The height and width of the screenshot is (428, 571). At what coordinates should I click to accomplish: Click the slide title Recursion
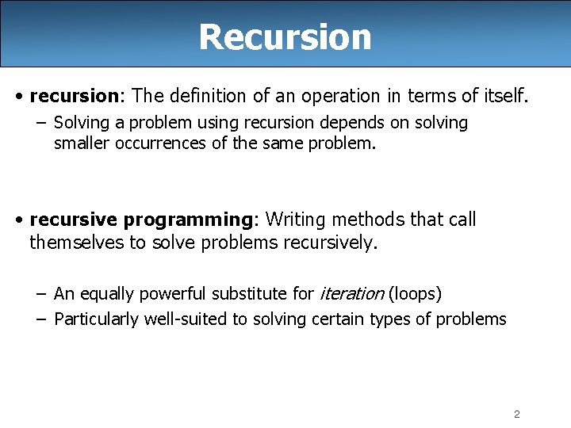click(285, 36)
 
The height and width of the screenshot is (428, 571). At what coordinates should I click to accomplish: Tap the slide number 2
click(516, 414)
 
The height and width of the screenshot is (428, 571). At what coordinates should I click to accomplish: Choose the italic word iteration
click(351, 294)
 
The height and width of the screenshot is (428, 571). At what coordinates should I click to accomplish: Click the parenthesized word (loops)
click(415, 294)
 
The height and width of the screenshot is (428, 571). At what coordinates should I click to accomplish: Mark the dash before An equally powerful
click(40, 294)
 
